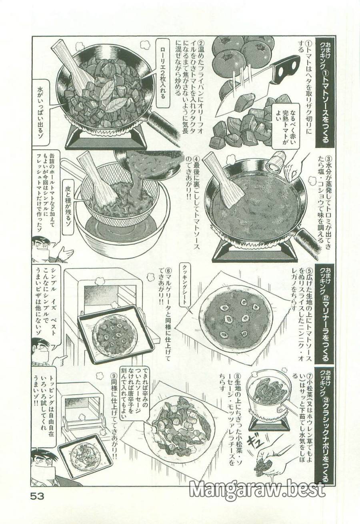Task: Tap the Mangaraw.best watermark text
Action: pos(256,489)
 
